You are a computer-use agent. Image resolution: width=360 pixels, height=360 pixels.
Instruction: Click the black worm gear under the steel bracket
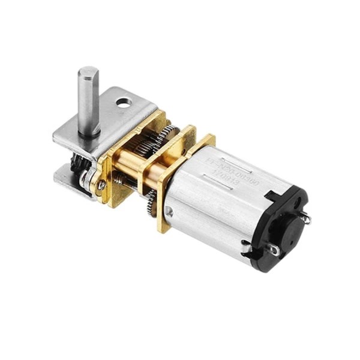coord(78,162)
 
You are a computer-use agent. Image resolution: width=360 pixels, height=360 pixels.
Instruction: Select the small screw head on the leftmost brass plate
coord(102,186)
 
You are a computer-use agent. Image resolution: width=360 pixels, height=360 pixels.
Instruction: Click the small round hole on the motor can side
coord(170,211)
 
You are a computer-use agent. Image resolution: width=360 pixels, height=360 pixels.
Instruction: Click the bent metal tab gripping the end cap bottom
coord(247,245)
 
